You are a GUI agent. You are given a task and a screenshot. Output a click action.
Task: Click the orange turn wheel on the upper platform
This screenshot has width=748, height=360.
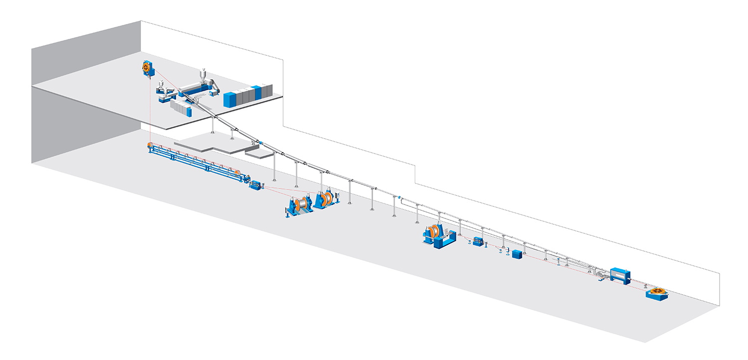coord(146,67)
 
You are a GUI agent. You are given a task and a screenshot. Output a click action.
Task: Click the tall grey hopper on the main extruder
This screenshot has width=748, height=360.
coord(203,75)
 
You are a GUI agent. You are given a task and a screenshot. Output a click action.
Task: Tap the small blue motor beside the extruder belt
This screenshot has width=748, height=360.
coord(214,93)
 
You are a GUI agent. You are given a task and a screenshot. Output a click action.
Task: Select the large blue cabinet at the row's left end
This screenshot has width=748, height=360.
coord(230,99)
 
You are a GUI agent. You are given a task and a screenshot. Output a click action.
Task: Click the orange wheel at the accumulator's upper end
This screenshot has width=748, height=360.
coord(150,146)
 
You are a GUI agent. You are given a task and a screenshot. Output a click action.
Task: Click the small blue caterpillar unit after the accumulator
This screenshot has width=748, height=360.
coord(256,185)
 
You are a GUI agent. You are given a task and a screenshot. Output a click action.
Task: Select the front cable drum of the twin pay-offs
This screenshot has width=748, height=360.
coord(301,203)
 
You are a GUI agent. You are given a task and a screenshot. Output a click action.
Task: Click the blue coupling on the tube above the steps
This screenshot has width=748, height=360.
coord(259,143)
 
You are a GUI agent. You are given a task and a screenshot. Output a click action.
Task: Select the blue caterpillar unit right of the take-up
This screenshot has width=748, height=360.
coord(479,242)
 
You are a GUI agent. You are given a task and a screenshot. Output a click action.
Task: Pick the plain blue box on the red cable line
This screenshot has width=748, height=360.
coord(517,254)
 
